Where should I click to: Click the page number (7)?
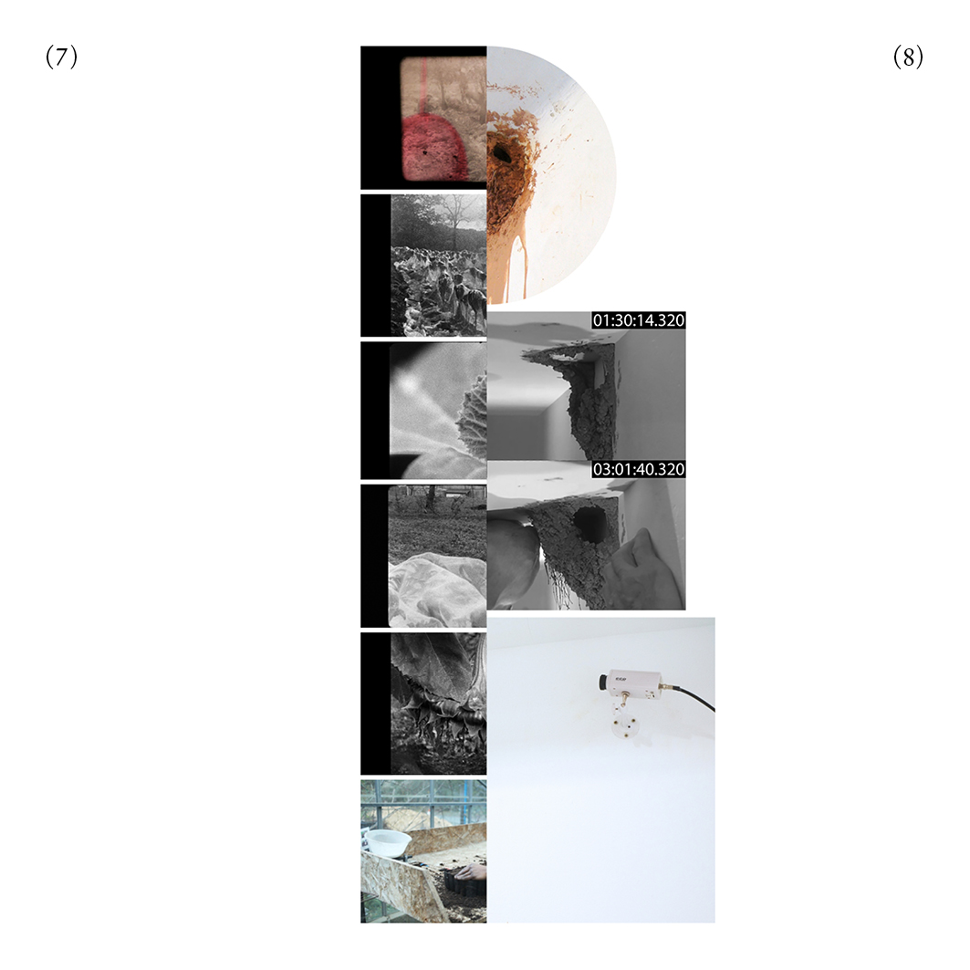coord(62,57)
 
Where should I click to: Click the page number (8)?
coord(908,57)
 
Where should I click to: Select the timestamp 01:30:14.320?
coord(639,319)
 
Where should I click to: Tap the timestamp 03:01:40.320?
coord(639,469)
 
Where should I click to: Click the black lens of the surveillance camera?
coord(602,682)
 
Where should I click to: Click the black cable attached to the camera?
coord(694,695)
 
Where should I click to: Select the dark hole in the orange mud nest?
coord(502,152)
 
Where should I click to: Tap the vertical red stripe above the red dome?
coord(422,87)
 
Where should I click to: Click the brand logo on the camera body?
coord(621,679)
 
